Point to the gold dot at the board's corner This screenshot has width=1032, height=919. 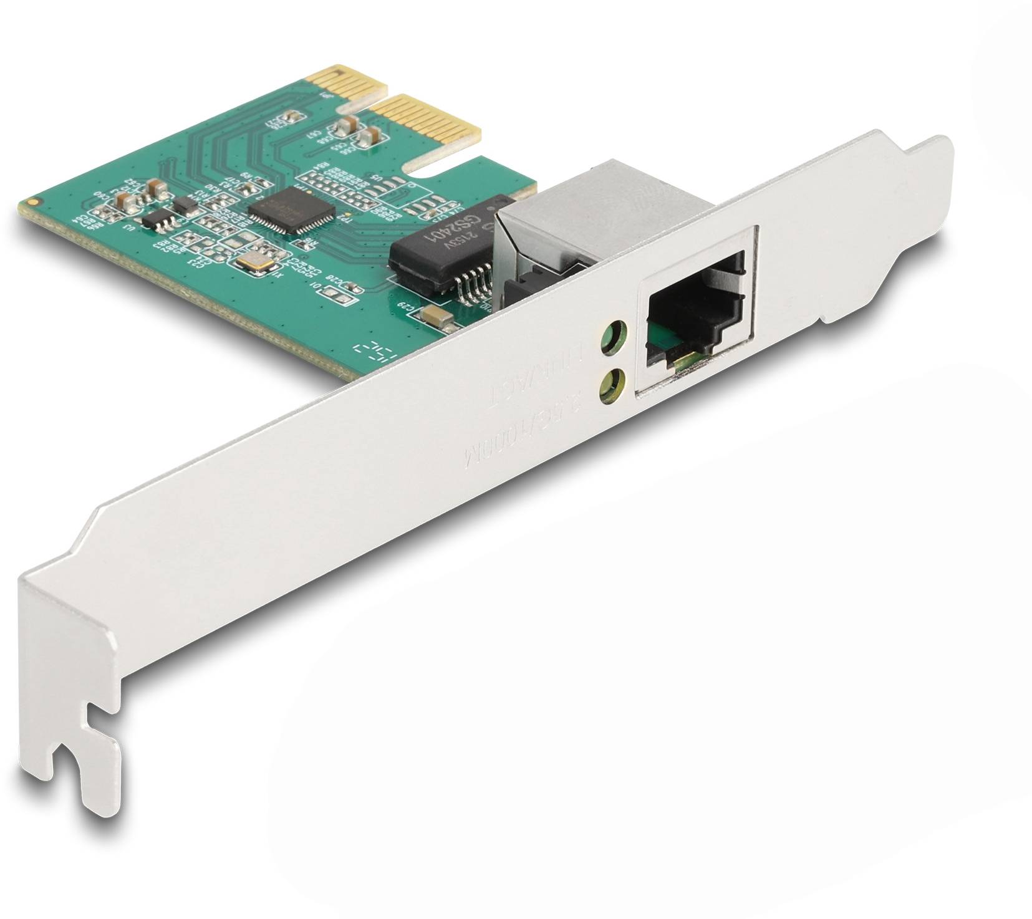33,202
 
